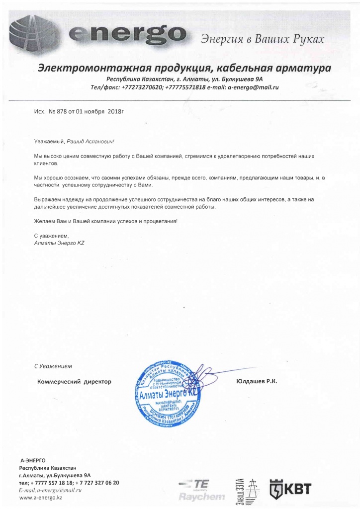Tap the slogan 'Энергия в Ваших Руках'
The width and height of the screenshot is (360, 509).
[x=262, y=39]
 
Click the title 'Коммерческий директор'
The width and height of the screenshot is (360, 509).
[x=75, y=381]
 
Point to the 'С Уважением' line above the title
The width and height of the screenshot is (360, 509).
[x=53, y=366]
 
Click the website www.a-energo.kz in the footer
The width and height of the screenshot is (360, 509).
[x=40, y=497]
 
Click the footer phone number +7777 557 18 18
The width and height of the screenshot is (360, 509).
[x=52, y=483]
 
